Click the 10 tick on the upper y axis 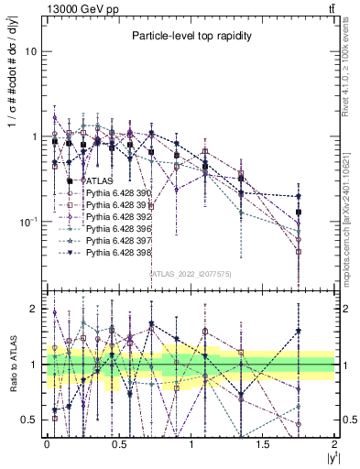[31, 51]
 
